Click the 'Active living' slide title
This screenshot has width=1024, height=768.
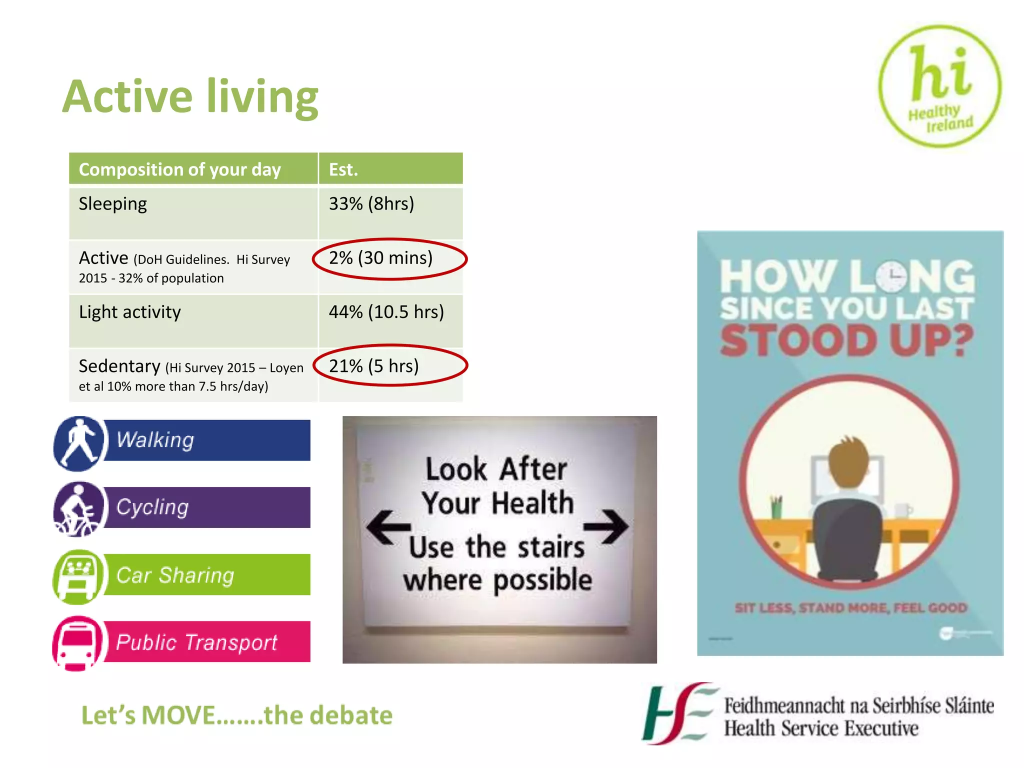pos(190,97)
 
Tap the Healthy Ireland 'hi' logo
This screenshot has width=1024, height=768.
pos(939,86)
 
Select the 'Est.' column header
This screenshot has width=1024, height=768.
pos(343,169)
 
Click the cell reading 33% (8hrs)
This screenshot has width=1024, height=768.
pos(371,204)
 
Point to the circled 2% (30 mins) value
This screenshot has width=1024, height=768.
pos(381,258)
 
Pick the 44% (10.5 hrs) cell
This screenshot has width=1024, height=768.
pos(386,312)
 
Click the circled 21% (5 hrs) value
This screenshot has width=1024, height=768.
pos(374,366)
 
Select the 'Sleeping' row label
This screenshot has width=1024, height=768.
pos(113,204)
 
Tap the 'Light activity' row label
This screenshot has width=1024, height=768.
pos(130,312)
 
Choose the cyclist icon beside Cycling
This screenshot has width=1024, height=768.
pos(78,509)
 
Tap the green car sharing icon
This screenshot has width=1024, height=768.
pos(78,576)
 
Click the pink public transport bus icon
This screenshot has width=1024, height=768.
pos(77,643)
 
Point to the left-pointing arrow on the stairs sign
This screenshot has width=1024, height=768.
pos(388,527)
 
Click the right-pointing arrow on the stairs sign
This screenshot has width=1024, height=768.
pos(606,526)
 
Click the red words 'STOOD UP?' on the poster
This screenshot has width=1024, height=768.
pos(846,340)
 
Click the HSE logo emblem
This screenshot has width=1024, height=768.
pos(678,713)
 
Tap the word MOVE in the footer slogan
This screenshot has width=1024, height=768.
pos(179,715)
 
